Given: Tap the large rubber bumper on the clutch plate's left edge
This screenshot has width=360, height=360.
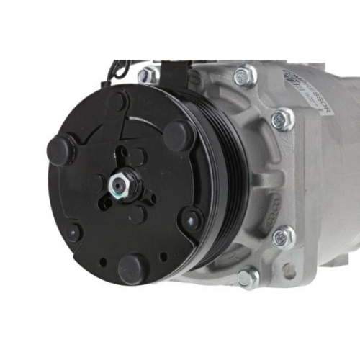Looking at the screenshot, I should point(60,150).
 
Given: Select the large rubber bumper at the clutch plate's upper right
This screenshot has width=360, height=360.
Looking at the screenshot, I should point(177,135).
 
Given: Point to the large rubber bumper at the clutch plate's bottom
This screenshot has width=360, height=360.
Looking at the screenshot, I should point(133,269).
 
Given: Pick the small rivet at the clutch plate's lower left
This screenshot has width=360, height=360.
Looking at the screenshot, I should point(73,232).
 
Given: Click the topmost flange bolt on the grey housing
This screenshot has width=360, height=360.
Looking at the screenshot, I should point(245,75).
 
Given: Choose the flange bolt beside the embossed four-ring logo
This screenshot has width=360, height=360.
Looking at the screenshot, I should point(284,236).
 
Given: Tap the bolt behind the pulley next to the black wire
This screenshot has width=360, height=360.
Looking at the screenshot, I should point(148,74).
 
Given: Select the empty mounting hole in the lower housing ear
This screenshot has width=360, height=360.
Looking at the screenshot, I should point(289,271).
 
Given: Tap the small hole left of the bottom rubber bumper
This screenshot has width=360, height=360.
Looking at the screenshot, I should point(104,261).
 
